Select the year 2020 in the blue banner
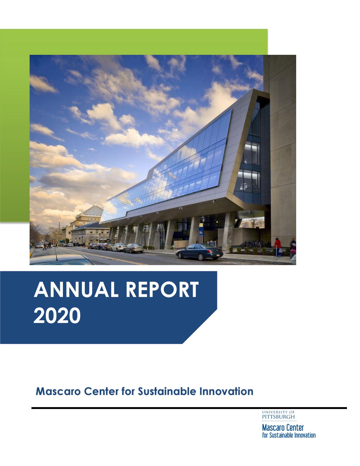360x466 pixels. point(57,316)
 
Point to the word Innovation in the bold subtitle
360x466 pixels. point(226,391)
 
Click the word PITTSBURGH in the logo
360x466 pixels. point(278,417)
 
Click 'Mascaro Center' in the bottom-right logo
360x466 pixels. point(283,428)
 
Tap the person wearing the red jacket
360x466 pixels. point(277,247)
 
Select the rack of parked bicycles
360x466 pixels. point(255,244)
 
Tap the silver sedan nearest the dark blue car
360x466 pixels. point(133,248)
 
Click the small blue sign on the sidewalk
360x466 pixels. point(212,244)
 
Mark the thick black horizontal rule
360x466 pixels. point(189,408)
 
